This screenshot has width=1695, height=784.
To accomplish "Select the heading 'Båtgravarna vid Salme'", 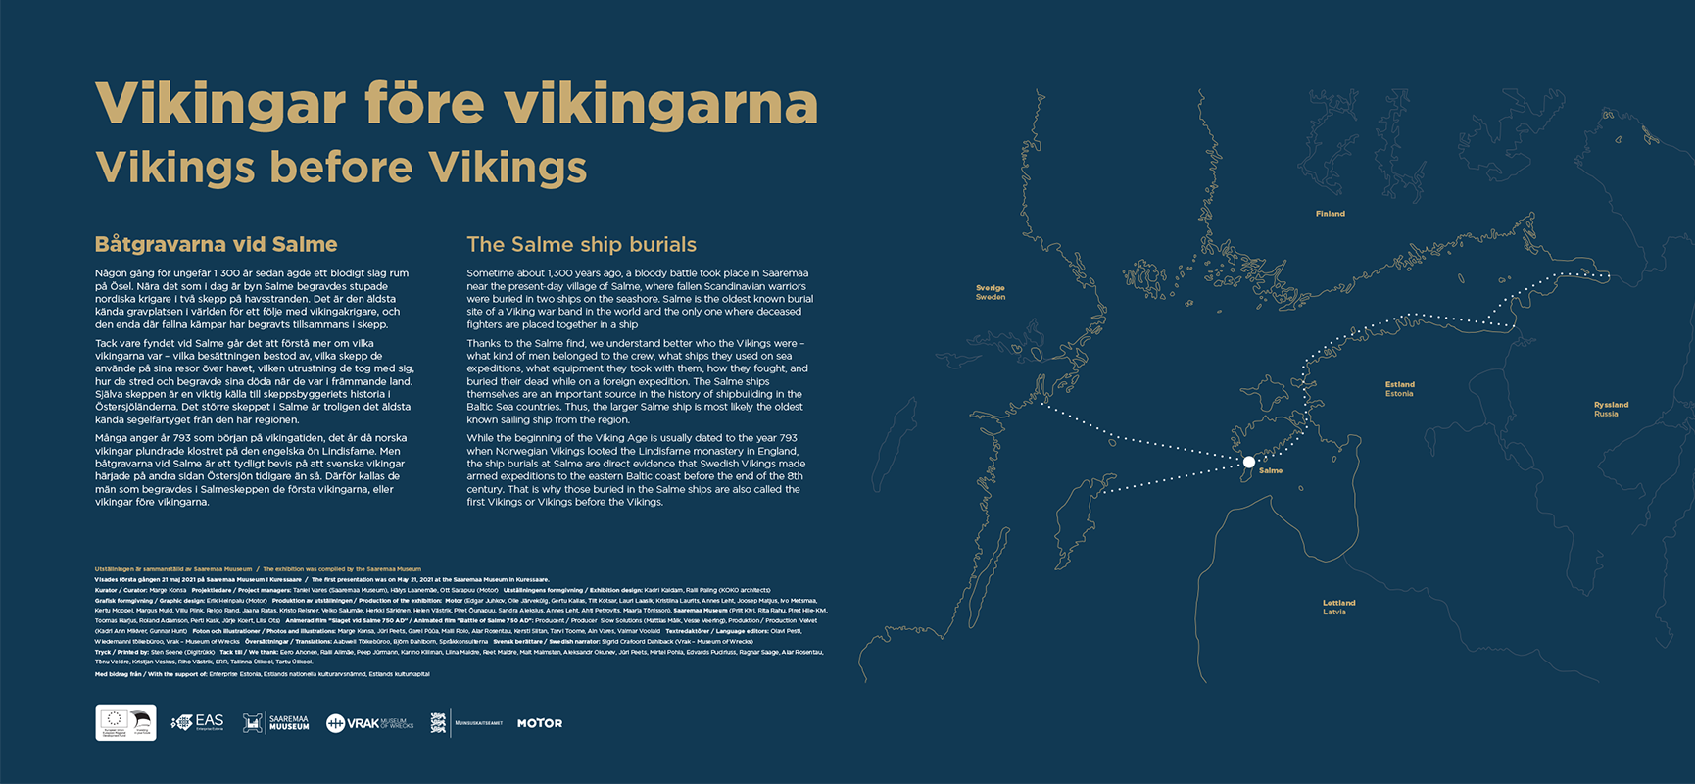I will pyautogui.click(x=216, y=245).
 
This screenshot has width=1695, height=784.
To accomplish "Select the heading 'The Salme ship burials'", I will pyautogui.click(x=581, y=245).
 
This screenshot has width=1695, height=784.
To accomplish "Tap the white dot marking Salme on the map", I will pyautogui.click(x=1248, y=462).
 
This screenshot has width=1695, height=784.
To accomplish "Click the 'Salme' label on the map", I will pyautogui.click(x=1271, y=471).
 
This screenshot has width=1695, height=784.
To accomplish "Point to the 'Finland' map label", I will pyautogui.click(x=1330, y=214).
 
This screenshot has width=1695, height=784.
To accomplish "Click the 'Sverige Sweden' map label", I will pyautogui.click(x=990, y=292).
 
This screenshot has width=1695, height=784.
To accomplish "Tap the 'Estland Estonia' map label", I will pyautogui.click(x=1399, y=389).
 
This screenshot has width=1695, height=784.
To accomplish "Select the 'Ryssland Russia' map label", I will pyautogui.click(x=1611, y=409).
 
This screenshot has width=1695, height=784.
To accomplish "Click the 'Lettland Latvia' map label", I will pyautogui.click(x=1338, y=607).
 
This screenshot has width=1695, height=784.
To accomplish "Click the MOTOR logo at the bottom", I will pyautogui.click(x=540, y=723).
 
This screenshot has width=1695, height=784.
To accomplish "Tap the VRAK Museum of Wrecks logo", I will pyautogui.click(x=370, y=723).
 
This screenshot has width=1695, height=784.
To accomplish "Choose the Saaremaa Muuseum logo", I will pyautogui.click(x=276, y=723).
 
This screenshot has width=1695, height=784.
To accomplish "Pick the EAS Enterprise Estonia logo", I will pyautogui.click(x=198, y=722).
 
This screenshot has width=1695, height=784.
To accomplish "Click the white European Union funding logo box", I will pyautogui.click(x=125, y=723).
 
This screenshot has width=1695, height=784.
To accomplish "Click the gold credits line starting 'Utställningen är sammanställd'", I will pyautogui.click(x=172, y=568).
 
